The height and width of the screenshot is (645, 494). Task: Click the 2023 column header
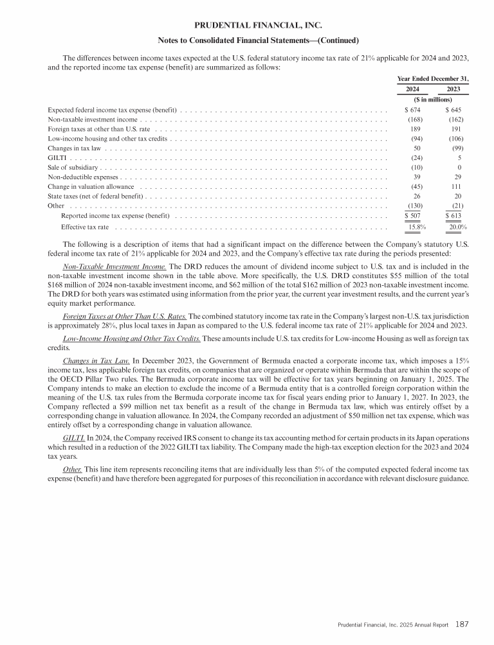pos(453,89)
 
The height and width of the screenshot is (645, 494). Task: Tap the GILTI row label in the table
pos(56,157)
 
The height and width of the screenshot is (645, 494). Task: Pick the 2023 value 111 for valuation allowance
pos(458,187)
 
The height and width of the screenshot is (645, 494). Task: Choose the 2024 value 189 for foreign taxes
pos(416,128)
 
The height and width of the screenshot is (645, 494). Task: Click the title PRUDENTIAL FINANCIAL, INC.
pos(246,26)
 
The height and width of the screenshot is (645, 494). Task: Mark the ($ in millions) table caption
pos(432,100)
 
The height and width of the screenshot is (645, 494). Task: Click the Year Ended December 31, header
pos(433,78)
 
